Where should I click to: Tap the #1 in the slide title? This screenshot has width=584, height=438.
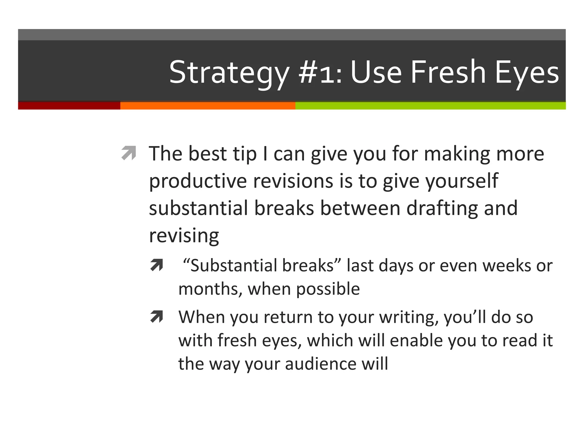(x=320, y=72)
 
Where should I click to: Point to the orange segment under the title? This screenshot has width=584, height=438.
(x=208, y=106)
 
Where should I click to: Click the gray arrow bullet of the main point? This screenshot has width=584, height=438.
(x=129, y=153)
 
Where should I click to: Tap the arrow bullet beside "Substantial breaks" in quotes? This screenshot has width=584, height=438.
(x=157, y=265)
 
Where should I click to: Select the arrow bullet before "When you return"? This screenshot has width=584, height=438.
(x=157, y=317)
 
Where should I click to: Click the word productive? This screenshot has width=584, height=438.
(x=198, y=181)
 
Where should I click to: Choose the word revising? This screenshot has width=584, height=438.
(x=184, y=236)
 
